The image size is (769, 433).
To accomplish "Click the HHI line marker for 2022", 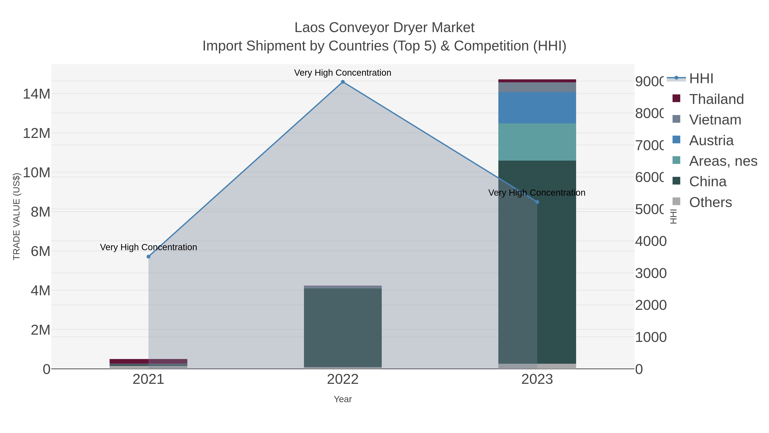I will click(343, 82).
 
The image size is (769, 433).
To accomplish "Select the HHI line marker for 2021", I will click(148, 257).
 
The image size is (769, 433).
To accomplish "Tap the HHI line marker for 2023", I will click(537, 202).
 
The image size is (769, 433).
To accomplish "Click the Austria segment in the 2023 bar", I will click(537, 108).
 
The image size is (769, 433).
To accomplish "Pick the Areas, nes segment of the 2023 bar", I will click(537, 142).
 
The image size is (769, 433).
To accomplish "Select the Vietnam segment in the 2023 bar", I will click(537, 87).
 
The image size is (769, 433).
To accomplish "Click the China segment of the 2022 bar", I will click(343, 327).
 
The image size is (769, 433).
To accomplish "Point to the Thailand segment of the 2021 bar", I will click(148, 361).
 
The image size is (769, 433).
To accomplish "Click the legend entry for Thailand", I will click(716, 99).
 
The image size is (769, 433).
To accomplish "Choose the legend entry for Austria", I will click(711, 140).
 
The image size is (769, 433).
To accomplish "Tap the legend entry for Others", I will click(710, 202).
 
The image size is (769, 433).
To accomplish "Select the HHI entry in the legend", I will click(701, 79).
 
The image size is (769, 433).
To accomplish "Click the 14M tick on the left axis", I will click(36, 94).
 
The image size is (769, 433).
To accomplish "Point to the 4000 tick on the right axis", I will click(651, 241).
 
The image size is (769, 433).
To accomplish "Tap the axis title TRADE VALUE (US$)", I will click(16, 216).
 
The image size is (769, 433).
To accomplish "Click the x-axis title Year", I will click(343, 399).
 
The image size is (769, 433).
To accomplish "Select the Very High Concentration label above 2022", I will click(343, 73).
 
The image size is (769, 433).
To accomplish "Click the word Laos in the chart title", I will click(309, 28).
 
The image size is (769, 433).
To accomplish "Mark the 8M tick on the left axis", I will click(40, 212).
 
